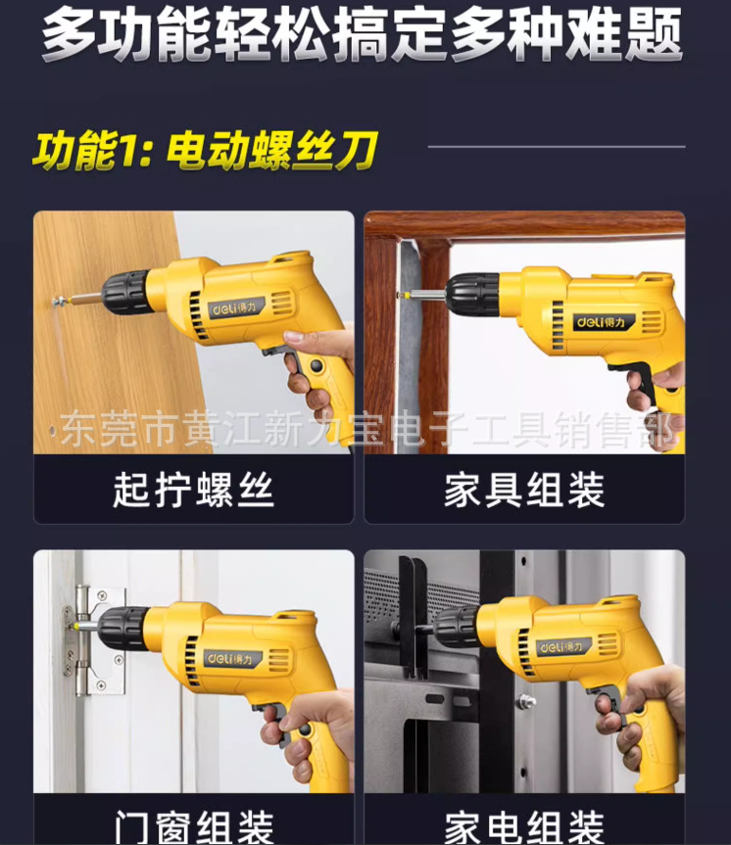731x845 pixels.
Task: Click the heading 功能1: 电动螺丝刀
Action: (205, 152)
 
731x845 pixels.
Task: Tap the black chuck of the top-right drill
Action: (472, 295)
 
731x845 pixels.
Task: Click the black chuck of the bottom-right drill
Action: (456, 625)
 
